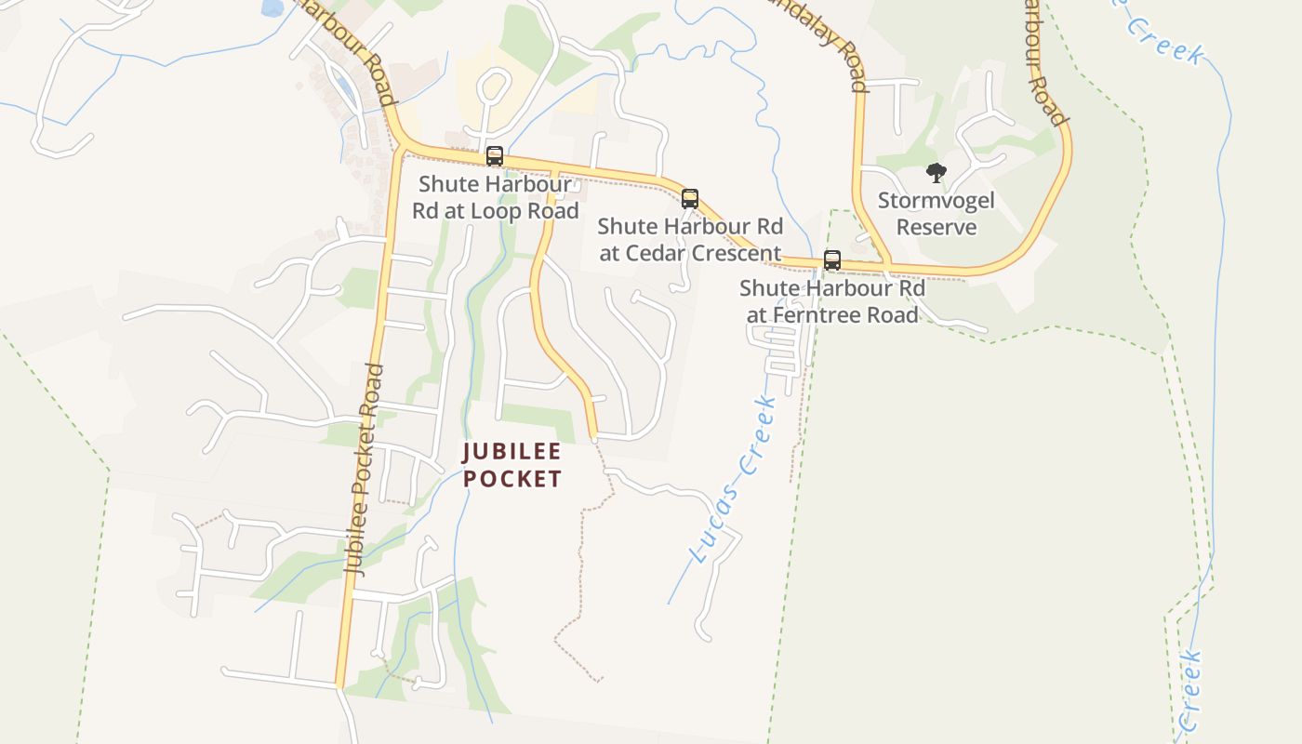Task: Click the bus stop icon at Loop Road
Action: point(495,156)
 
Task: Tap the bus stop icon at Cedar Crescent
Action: point(690,198)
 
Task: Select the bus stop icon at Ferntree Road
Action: point(832,260)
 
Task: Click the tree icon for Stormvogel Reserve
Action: point(937,173)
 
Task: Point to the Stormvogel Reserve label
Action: point(937,214)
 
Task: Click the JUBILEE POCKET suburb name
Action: point(512,465)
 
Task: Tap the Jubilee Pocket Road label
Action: point(364,470)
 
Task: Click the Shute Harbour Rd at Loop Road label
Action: point(495,197)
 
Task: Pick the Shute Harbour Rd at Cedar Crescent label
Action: point(690,239)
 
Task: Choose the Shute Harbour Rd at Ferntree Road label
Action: point(832,301)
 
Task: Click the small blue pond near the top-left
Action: point(272,8)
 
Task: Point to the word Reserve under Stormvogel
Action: point(937,227)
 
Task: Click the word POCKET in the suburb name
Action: point(512,479)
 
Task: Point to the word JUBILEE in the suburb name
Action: point(512,452)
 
